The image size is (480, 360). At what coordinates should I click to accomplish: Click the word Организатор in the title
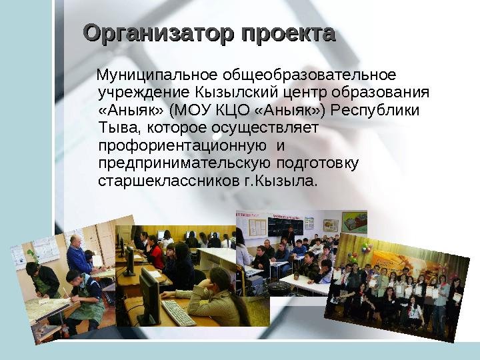158,34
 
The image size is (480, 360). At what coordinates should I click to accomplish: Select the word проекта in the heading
288,34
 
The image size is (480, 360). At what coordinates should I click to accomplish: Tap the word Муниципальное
157,75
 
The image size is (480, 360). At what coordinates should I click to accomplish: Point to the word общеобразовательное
309,75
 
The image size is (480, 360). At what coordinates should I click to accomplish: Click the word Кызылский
236,93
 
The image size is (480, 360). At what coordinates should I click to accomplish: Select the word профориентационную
183,146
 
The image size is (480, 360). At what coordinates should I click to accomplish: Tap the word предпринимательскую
185,164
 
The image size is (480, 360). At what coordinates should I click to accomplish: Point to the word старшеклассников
169,181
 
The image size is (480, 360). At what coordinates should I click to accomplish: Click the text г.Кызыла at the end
280,181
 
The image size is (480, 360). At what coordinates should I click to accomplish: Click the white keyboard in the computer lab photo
179,313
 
